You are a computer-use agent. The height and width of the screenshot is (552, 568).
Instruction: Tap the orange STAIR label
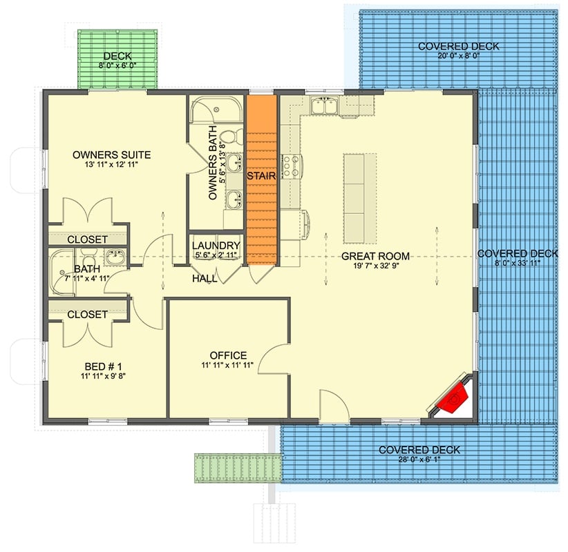(x=263, y=176)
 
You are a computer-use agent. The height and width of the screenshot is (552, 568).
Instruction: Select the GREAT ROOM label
(x=375, y=256)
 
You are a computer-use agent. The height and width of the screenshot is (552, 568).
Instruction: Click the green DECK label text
(x=117, y=56)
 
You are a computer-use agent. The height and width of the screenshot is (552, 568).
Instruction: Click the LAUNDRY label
(x=216, y=246)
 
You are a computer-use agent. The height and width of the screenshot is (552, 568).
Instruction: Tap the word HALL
(x=205, y=279)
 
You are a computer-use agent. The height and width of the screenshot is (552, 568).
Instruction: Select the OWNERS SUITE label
(x=111, y=155)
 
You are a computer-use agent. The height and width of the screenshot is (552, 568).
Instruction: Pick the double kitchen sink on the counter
(x=323, y=106)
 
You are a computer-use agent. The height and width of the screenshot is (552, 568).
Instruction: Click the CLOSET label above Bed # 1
(x=87, y=314)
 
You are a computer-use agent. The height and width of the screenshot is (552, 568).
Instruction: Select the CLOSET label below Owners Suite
(x=87, y=239)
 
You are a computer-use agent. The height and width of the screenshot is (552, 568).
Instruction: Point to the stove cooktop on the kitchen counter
(x=292, y=166)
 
